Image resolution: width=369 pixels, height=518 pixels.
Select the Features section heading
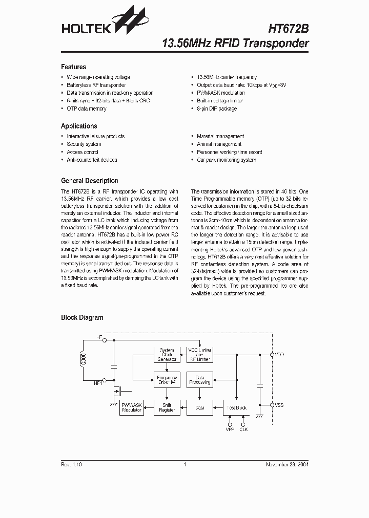pos(73,67)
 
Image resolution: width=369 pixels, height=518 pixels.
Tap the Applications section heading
pos(79,126)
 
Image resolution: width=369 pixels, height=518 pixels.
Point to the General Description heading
pos(89,181)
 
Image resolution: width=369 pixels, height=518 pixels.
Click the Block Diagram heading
pos(82,317)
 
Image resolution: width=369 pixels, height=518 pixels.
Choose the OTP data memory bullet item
pos(87,109)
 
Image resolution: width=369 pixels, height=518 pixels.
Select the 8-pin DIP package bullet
pos(217,109)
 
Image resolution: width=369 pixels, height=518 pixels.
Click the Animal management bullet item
pos(219,144)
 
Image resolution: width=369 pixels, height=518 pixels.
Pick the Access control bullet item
pos(82,152)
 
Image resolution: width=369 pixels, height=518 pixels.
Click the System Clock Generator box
pos(167,355)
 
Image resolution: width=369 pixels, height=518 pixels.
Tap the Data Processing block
pos(199,380)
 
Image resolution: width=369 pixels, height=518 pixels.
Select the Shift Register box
pos(167,407)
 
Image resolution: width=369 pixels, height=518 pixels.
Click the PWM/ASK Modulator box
pos(131,407)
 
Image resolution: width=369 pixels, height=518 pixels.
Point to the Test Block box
pos(236,407)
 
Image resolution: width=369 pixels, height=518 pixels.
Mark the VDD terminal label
pos(279,354)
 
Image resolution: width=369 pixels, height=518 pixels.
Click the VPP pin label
pos(229,429)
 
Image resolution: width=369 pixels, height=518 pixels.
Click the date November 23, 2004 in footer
pos(286,464)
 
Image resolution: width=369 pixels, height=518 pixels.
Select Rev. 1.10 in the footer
pos(71,464)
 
